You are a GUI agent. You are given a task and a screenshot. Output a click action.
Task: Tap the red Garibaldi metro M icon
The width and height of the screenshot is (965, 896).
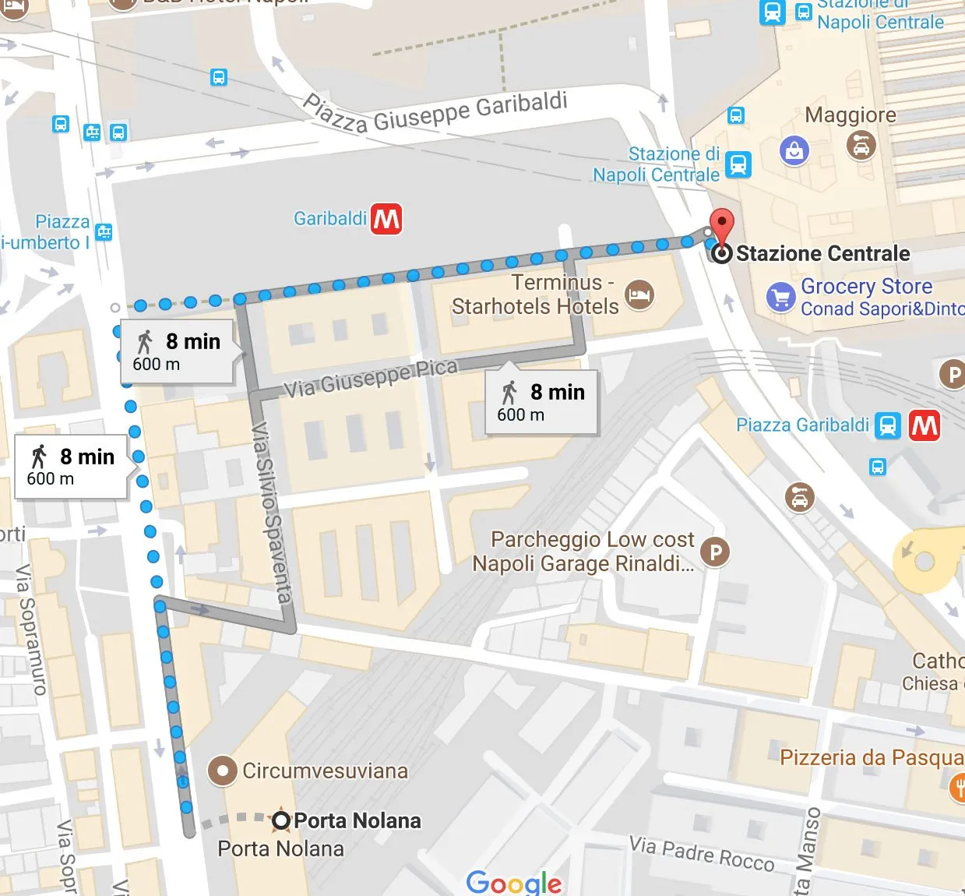[x=386, y=219]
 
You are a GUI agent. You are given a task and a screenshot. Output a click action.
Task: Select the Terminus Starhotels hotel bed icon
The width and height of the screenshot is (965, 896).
[x=639, y=295]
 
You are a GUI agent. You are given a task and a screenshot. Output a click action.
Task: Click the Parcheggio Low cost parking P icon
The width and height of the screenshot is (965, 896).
[x=715, y=552]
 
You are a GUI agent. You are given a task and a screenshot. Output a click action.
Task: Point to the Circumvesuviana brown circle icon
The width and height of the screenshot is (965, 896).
[x=222, y=771]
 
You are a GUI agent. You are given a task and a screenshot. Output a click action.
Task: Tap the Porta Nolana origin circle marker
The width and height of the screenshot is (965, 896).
[x=281, y=820]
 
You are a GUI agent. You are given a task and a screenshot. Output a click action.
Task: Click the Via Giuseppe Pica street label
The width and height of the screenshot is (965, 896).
[x=370, y=378]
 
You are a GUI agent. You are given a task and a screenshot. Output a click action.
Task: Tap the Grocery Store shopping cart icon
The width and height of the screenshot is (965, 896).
[x=780, y=297]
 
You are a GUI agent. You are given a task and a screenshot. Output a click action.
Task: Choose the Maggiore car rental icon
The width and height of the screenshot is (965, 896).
[x=861, y=145]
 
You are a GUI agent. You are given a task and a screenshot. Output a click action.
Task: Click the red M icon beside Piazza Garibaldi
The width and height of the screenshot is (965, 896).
[x=924, y=425]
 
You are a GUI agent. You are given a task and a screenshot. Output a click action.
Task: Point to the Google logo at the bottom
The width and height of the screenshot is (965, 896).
[x=513, y=882]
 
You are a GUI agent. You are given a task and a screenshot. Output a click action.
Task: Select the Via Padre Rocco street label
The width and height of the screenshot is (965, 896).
[x=701, y=854]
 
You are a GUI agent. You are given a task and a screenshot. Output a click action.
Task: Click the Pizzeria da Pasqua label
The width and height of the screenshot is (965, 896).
[x=871, y=757]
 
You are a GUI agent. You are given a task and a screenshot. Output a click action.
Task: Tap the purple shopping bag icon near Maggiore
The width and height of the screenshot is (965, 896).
[x=794, y=150]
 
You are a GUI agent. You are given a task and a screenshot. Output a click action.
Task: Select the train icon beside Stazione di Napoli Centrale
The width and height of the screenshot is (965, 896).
[x=738, y=164]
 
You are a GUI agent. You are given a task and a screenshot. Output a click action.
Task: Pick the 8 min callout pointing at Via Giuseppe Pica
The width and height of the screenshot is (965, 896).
[x=541, y=402]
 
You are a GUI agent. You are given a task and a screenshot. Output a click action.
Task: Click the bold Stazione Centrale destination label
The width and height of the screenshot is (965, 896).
[x=822, y=253]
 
